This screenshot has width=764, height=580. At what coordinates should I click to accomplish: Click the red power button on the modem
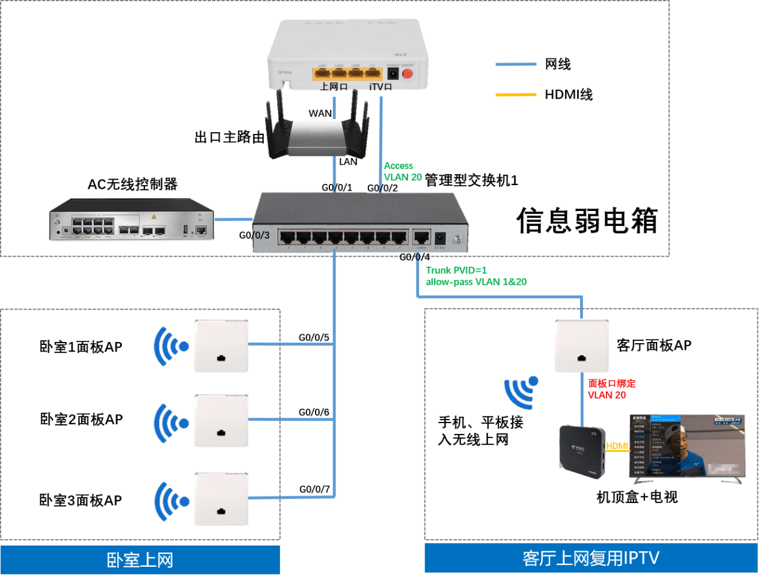[x=407, y=74]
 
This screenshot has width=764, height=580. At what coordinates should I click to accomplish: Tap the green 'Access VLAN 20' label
[x=402, y=171]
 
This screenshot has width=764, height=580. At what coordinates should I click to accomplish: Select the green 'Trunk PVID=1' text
[x=456, y=270]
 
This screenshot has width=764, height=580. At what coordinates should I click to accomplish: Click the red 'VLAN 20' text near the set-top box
[x=607, y=395]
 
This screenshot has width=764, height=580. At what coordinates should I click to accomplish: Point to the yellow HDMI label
[x=617, y=446]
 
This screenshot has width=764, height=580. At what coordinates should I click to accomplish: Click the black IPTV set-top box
[x=581, y=450]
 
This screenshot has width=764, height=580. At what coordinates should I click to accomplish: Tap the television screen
[x=687, y=445]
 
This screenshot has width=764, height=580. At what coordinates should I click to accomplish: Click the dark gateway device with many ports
[x=132, y=219]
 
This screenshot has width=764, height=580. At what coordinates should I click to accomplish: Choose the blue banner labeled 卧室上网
[x=140, y=560]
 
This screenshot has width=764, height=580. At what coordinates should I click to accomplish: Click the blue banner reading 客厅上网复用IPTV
[x=590, y=558]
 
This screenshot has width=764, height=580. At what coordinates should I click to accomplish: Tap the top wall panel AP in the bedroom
[x=221, y=346]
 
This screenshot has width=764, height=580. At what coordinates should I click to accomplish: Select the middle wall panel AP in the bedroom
[x=221, y=421]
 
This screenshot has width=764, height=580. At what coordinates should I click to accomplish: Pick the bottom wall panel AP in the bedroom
[x=221, y=499]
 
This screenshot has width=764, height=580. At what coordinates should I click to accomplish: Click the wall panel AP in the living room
[x=581, y=346]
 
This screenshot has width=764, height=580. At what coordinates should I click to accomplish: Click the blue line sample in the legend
[x=516, y=64]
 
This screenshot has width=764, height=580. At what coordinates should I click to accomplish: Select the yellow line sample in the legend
[x=516, y=94]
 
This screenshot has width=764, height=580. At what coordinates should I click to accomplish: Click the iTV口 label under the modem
[x=380, y=87]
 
